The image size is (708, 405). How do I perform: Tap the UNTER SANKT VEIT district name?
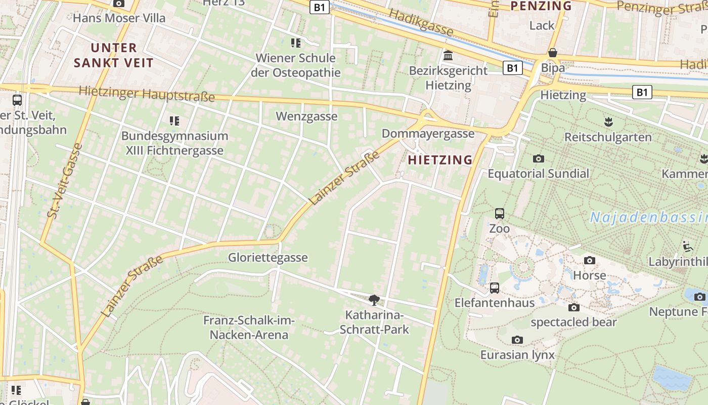pyautogui.click(x=113, y=55)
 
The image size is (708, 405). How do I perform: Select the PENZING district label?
pyautogui.click(x=541, y=6)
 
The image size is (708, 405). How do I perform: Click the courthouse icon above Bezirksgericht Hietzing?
pyautogui.click(x=448, y=55)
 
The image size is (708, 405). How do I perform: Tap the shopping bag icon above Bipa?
pyautogui.click(x=553, y=53)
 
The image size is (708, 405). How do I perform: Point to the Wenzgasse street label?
pyautogui.click(x=306, y=116)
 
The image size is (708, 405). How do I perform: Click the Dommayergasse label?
pyautogui.click(x=428, y=134)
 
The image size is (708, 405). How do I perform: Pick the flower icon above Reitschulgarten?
pyautogui.click(x=608, y=121)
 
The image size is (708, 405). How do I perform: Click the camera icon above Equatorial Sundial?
pyautogui.click(x=538, y=158)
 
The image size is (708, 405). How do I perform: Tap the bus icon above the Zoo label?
pyautogui.click(x=500, y=214)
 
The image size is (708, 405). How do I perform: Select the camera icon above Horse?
pyautogui.click(x=589, y=261)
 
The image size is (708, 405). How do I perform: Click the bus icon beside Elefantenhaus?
pyautogui.click(x=495, y=288)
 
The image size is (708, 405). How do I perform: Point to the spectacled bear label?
pyautogui.click(x=573, y=322)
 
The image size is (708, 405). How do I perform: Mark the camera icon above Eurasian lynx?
pyautogui.click(x=517, y=340)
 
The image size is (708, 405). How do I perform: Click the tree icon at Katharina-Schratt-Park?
pyautogui.click(x=374, y=300)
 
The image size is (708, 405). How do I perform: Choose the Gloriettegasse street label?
pyautogui.click(x=268, y=258)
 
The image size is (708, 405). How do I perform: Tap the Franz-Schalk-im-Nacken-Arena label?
pyautogui.click(x=249, y=328)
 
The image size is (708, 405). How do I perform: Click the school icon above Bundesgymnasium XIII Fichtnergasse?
pyautogui.click(x=174, y=121)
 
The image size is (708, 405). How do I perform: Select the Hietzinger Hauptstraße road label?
pyautogui.click(x=147, y=94)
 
